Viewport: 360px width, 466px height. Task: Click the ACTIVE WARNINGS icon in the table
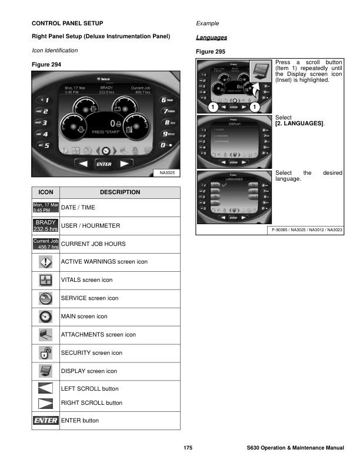coord(45,262)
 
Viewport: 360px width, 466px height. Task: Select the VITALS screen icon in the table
coord(45,280)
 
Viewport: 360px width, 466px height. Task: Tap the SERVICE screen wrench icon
coord(45,298)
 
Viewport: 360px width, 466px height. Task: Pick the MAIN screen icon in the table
coord(45,317)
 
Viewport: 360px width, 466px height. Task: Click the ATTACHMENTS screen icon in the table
coord(45,334)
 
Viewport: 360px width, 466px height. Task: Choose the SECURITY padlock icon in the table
coord(45,352)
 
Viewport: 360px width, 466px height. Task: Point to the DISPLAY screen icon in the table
coord(45,371)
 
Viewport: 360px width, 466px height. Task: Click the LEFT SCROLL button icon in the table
coord(45,389)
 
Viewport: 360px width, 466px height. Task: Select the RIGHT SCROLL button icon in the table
coord(45,403)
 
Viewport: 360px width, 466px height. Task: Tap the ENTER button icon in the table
coord(45,421)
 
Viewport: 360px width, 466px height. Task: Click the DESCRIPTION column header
coord(120,192)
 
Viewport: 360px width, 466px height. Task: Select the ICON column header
coord(45,192)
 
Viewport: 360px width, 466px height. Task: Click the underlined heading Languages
coord(211,38)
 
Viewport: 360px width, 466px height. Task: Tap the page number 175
coord(188,448)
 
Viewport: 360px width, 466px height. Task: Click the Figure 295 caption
coord(211,52)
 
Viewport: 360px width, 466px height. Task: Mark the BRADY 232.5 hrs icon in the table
coord(45,225)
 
